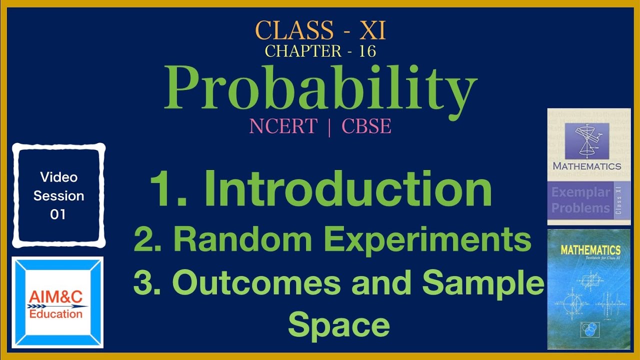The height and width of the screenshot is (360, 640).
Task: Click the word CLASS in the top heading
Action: coord(294,31)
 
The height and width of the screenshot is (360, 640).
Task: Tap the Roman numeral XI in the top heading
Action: coord(373,31)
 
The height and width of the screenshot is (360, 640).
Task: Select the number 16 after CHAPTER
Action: coord(367,51)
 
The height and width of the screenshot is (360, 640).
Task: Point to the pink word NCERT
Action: coord(283,126)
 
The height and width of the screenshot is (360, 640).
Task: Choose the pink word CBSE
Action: coord(366,126)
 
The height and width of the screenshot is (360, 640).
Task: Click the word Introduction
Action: coord(348,188)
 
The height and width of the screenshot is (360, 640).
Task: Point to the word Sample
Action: coord(483,282)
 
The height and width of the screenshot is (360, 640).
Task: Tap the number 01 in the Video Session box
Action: coord(58,214)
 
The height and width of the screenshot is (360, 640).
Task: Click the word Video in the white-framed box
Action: coord(58,177)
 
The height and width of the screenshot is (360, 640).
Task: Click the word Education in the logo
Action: coord(56,314)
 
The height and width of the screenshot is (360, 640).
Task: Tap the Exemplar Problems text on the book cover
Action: coord(580,200)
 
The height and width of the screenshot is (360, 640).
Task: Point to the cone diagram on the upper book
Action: coord(586,140)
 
